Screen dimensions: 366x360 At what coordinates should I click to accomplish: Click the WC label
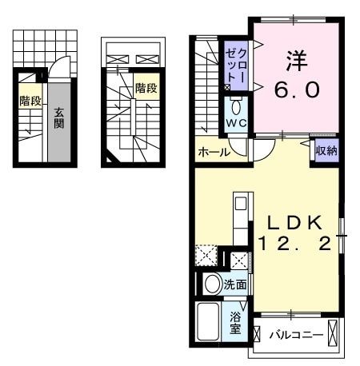[236, 124]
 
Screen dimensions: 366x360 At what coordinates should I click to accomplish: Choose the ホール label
[214, 152]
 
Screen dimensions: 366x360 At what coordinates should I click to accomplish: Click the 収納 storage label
[326, 150]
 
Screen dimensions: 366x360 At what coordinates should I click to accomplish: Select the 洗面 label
[234, 284]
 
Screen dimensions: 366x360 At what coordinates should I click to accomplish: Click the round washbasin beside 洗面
[213, 284]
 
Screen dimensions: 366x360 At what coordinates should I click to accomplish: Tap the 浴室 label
[235, 323]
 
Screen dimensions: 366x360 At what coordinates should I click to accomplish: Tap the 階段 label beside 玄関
[30, 101]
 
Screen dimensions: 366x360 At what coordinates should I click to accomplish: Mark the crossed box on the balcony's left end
[258, 334]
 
